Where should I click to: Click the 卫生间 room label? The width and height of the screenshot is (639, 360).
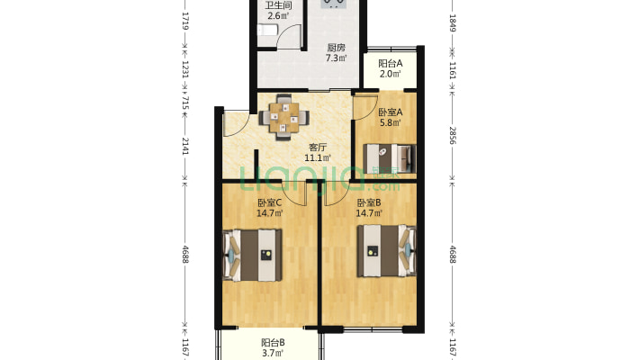tap(278, 5)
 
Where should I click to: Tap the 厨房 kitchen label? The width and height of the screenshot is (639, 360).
tap(337, 48)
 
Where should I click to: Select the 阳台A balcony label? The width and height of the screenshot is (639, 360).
tap(391, 63)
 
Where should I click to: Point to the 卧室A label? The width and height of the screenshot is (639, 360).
tap(391, 112)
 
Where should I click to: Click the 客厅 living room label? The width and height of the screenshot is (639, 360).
tap(318, 148)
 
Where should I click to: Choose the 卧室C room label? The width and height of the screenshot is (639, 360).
tap(269, 202)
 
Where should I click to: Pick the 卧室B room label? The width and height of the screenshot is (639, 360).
tap(369, 202)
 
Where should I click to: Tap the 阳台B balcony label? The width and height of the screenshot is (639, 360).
tap(273, 343)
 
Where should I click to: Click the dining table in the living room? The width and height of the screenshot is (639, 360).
tap(284, 117)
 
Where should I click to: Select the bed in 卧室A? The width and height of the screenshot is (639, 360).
tap(390, 158)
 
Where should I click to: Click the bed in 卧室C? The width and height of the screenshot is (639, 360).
tap(252, 256)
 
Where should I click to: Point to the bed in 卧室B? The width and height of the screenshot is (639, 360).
tap(387, 251)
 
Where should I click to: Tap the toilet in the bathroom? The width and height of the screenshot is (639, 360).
tap(267, 31)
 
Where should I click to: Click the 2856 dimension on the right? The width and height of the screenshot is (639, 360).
tap(453, 135)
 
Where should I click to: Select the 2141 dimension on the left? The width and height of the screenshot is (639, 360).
tap(185, 146)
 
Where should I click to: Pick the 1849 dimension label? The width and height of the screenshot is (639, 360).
tap(453, 22)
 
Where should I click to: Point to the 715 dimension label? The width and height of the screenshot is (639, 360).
tap(185, 103)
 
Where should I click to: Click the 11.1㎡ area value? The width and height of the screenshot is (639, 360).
tap(318, 157)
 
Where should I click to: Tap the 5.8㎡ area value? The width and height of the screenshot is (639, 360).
tap(391, 122)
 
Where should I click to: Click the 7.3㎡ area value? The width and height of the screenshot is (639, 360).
tap(337, 58)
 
